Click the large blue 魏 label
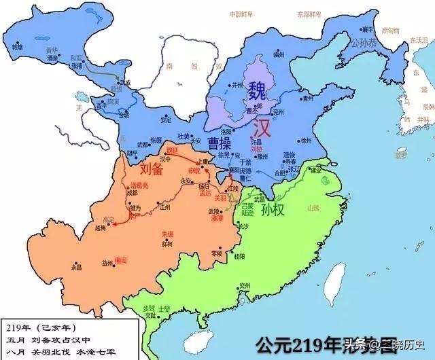click(x=257, y=91)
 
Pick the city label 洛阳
click(x=214, y=132)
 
